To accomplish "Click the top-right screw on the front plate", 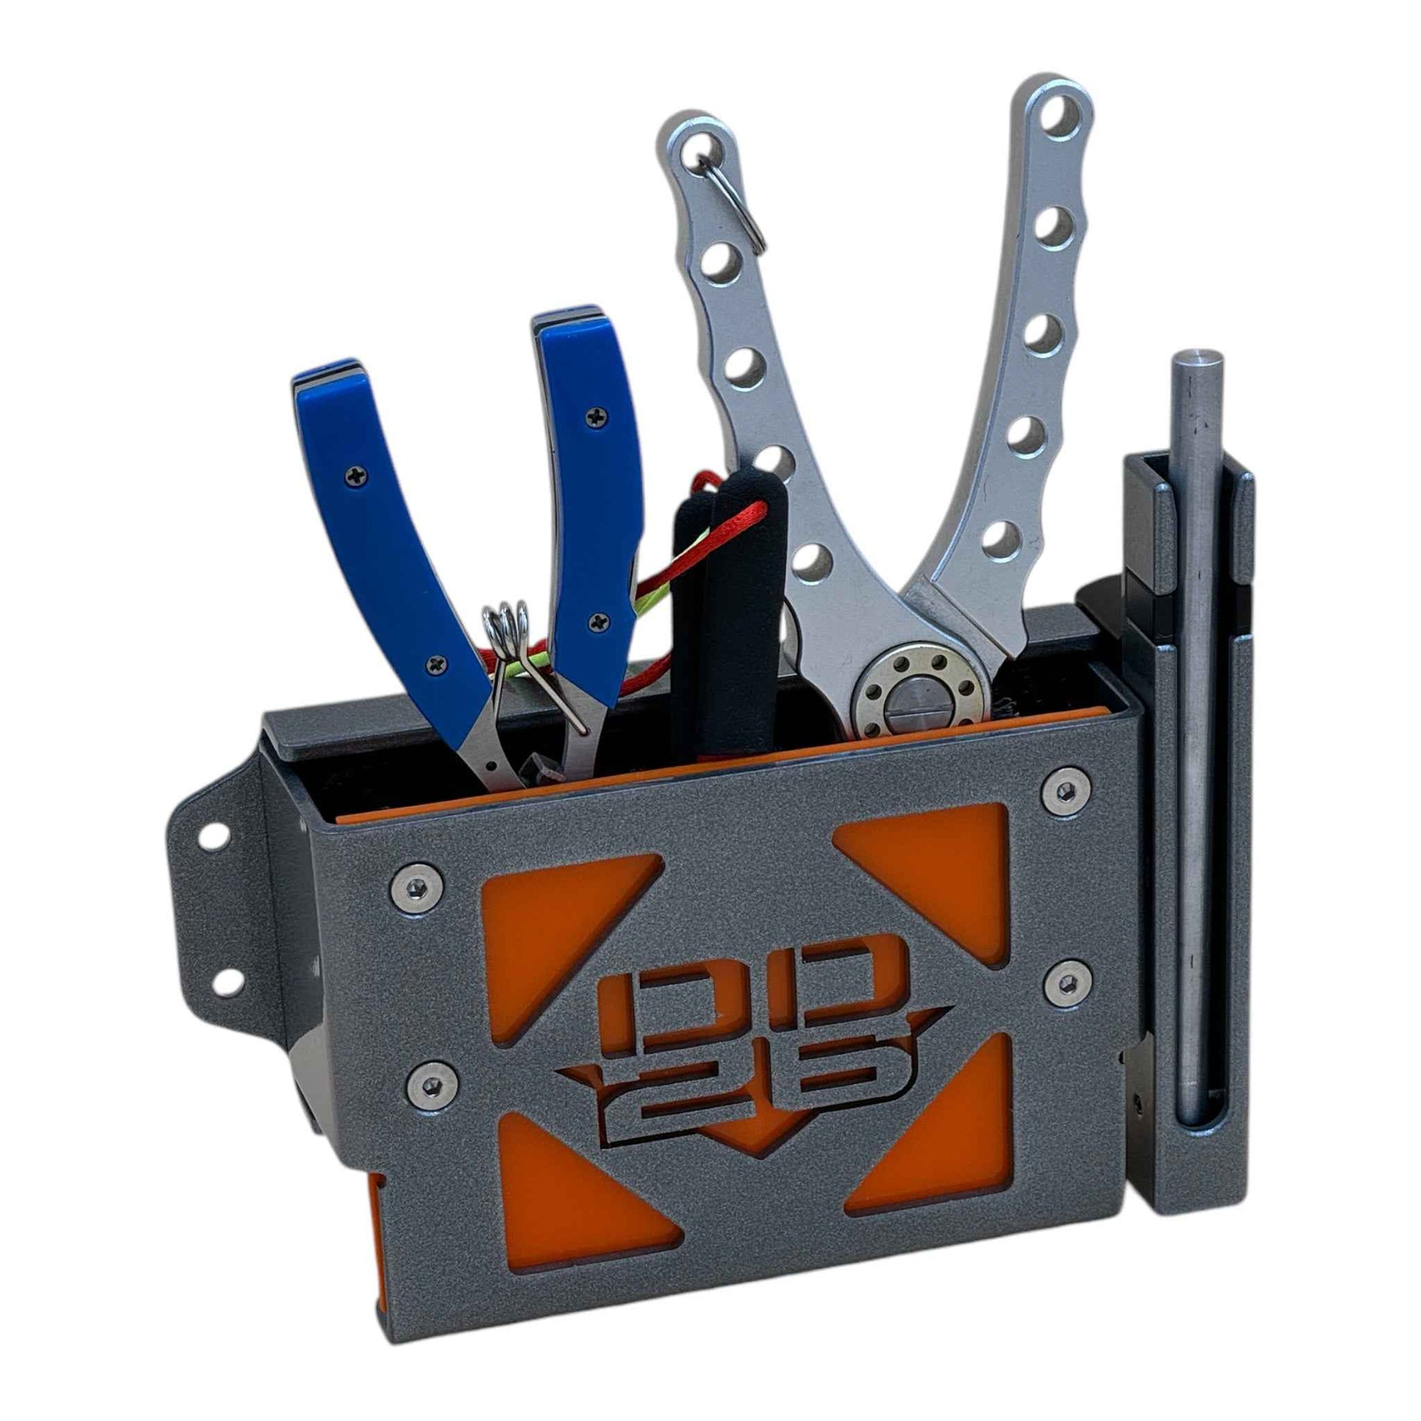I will tap(1064, 792).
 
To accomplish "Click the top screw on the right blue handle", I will tap(595, 418).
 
